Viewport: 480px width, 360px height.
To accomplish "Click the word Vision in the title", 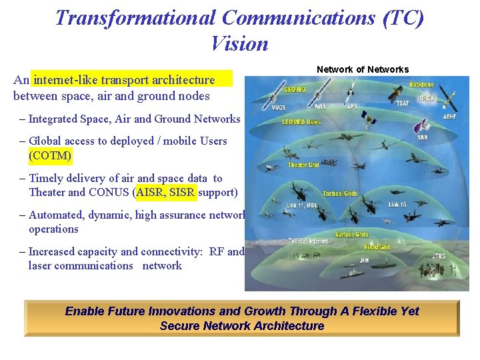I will pos(239,44).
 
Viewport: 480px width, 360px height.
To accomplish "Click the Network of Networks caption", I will pos(362,69).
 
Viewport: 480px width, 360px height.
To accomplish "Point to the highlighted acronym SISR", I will pos(183,193).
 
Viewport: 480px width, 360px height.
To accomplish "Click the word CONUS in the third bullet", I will pos(109,193).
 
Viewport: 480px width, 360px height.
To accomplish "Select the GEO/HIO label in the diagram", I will pos(295,89).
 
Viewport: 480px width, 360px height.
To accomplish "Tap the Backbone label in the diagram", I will pos(421,85).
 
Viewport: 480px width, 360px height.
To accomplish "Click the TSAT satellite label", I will pos(403,103).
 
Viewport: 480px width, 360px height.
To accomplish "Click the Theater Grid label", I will pos(303,165).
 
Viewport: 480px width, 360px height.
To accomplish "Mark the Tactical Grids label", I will pos(340,193).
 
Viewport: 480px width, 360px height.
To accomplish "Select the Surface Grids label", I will pos(351,235).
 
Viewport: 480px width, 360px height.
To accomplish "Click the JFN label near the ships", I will pos(364,260).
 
